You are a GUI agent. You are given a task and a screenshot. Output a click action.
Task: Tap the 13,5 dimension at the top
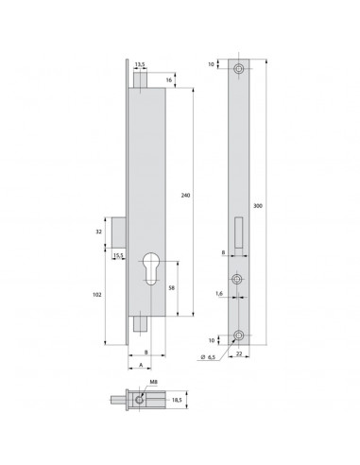tap(140, 66)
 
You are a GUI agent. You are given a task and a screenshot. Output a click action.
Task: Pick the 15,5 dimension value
tap(118, 255)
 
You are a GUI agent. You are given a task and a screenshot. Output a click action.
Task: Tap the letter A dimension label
tap(140, 364)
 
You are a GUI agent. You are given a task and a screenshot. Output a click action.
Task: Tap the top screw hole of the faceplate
tap(242, 70)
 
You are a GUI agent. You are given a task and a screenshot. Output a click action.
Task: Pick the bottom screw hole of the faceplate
tap(242, 336)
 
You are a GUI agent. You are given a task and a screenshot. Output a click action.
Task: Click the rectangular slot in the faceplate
tap(242, 231)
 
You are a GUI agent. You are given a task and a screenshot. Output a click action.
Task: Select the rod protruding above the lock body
tap(140, 79)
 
